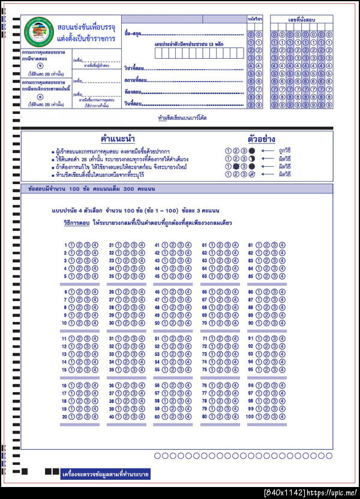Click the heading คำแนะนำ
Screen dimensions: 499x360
pyautogui.click(x=118, y=139)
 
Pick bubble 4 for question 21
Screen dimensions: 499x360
pyautogui.click(x=142, y=245)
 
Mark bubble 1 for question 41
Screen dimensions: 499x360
pyautogui.click(x=166, y=245)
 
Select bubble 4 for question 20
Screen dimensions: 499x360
pyautogui.click(x=94, y=416)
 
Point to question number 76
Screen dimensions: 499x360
pyautogui.click(x=204, y=385)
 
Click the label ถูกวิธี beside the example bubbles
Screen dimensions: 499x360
pyautogui.click(x=286, y=151)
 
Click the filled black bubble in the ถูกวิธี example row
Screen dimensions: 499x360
pyautogui.click(x=252, y=151)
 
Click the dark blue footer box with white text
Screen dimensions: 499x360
pyautogui.click(x=106, y=474)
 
